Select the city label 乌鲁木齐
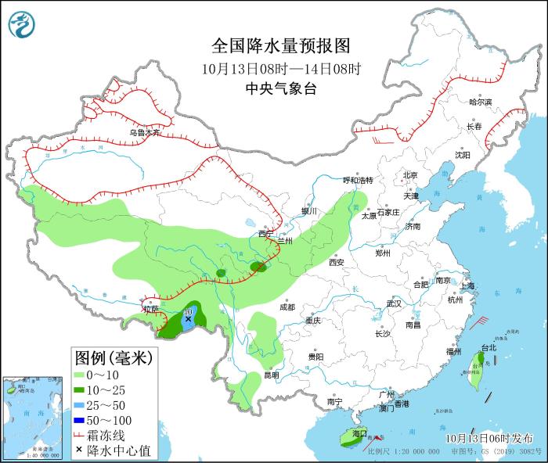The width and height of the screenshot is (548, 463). coord(145,133)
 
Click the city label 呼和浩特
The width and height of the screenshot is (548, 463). coord(359,180)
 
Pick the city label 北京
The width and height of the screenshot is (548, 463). coord(410,175)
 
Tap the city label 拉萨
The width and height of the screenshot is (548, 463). coord(150,310)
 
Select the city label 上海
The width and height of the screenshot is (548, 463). coord(467,286)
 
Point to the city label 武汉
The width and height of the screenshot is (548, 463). coord(393,303)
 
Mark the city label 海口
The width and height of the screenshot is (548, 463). coord(359,432)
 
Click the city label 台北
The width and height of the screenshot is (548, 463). coord(488,347)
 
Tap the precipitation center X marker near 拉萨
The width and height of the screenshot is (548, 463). coord(188,319)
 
